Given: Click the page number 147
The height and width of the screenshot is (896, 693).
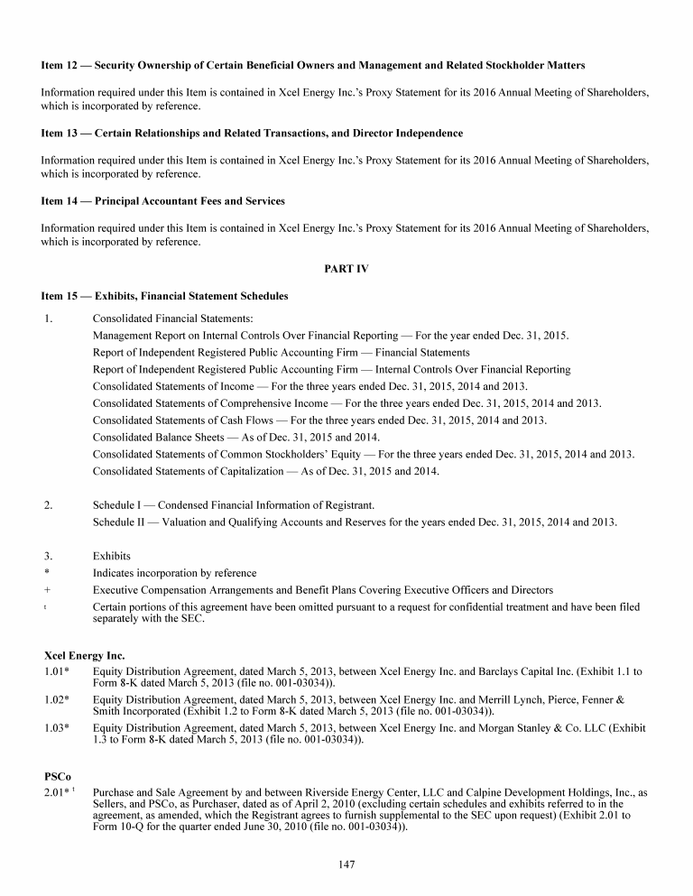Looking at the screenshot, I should click(346, 864).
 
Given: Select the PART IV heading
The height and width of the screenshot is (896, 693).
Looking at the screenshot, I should click(346, 269).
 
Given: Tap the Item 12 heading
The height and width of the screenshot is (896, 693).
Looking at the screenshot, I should click(313, 66).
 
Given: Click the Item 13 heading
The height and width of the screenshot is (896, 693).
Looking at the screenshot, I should click(252, 134).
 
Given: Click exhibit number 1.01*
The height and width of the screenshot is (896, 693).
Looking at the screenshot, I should click(58, 672).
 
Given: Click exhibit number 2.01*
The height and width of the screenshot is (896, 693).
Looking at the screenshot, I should click(58, 793).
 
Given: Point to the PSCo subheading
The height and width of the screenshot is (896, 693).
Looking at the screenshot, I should click(58, 776).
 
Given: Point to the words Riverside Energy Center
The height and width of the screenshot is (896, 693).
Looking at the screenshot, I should click(318, 793).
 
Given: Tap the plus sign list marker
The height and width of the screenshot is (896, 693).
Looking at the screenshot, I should click(46, 590).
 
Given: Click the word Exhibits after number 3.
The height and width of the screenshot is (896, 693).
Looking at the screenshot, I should click(112, 556).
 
